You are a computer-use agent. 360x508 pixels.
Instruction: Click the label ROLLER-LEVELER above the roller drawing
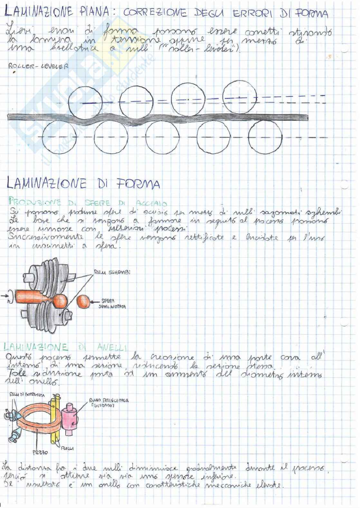(38, 67)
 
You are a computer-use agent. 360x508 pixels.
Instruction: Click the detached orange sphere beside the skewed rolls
(83, 302)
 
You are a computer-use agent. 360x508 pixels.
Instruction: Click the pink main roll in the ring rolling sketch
(72, 417)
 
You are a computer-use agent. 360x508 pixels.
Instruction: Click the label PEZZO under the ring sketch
(40, 452)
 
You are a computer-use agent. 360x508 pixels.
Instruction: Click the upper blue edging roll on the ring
(16, 415)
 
